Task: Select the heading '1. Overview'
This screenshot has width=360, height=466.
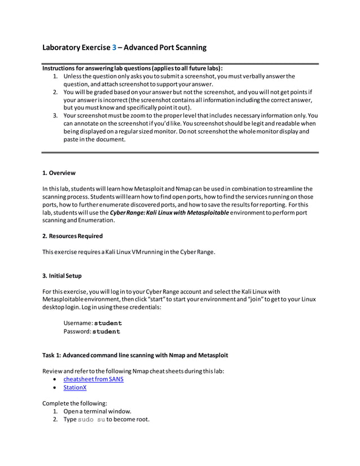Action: (59, 173)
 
